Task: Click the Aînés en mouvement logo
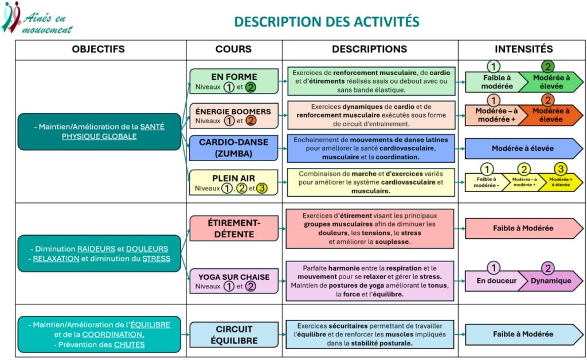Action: click(37, 18)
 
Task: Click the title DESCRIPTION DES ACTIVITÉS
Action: click(327, 22)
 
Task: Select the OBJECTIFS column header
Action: click(98, 49)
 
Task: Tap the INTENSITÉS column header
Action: click(523, 49)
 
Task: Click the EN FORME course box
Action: click(233, 81)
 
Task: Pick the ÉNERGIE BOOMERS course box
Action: click(233, 115)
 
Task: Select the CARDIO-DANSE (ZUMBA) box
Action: click(233, 148)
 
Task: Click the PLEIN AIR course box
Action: click(233, 182)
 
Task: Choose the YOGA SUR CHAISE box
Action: click(233, 281)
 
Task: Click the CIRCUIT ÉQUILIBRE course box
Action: click(233, 334)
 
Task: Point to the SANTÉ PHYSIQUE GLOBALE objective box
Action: click(99, 131)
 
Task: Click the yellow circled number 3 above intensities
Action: click(561, 169)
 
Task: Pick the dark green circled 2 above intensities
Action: click(549, 66)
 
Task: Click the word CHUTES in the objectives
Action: click(129, 345)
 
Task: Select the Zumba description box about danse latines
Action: click(371, 148)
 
